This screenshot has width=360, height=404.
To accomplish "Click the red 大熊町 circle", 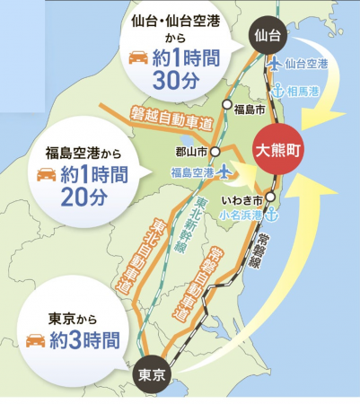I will (x=279, y=151).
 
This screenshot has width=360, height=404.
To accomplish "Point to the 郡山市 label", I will (x=197, y=152).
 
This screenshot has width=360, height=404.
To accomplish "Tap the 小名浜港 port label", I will (x=240, y=215).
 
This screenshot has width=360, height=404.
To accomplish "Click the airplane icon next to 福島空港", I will (x=223, y=171).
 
